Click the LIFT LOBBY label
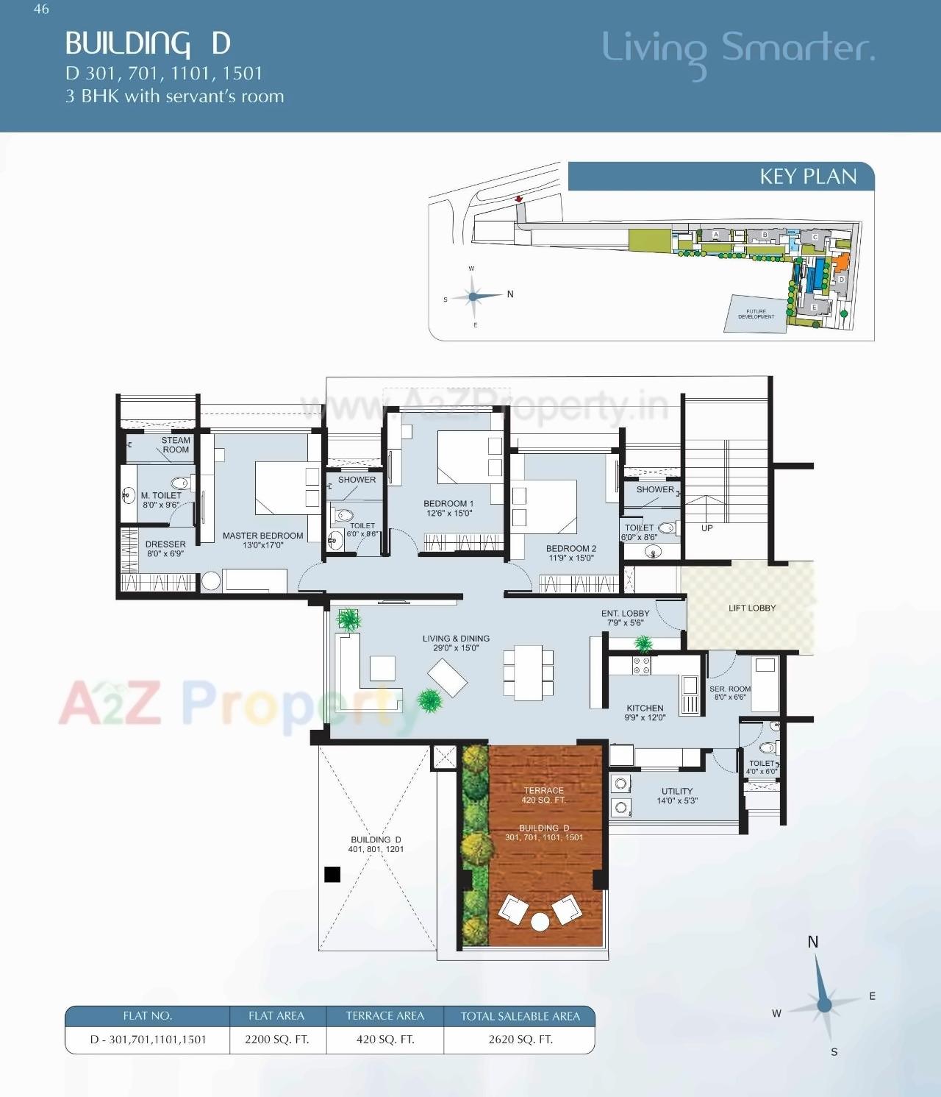pyautogui.click(x=751, y=608)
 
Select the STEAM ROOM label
pyautogui.click(x=176, y=445)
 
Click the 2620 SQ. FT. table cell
pyautogui.click(x=520, y=1040)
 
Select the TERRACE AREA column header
pyautogui.click(x=384, y=1016)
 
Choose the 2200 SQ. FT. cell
pyautogui.click(x=276, y=1040)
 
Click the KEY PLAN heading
pyautogui.click(x=808, y=177)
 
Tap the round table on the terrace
pyautogui.click(x=540, y=921)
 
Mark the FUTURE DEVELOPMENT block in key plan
pyautogui.click(x=756, y=314)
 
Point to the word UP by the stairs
pyautogui.click(x=706, y=528)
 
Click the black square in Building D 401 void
pyautogui.click(x=332, y=874)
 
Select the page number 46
pyautogui.click(x=41, y=9)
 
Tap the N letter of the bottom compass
pyautogui.click(x=812, y=942)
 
